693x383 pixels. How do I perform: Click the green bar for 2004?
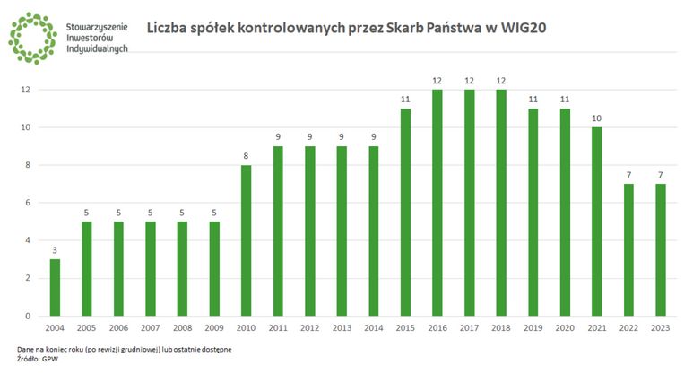coord(55,287)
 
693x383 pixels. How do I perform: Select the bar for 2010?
coord(246,240)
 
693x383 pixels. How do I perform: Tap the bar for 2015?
coord(405,212)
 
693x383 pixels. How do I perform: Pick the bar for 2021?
coord(597,222)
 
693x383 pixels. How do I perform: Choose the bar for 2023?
coord(661,249)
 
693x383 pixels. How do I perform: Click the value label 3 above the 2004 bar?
coord(55,250)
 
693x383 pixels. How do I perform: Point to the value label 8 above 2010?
coord(246,156)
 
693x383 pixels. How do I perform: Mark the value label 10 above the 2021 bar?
coord(597,118)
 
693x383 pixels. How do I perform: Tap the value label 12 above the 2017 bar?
coord(469,81)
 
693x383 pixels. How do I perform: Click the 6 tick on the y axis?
coord(26,203)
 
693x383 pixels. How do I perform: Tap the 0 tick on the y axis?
coord(26,316)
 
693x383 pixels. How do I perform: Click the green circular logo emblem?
coord(32,37)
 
